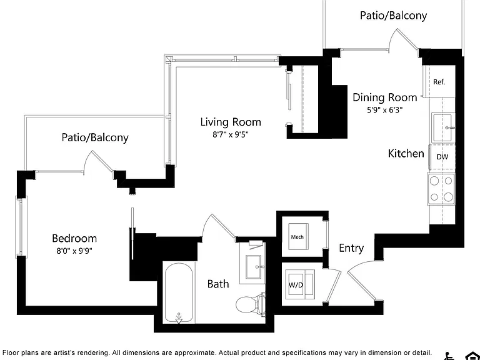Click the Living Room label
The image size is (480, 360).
click(x=231, y=122)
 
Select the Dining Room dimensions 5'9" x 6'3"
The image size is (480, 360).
click(x=385, y=110)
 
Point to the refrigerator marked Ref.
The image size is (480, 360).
click(x=439, y=81)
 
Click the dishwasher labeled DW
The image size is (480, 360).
click(x=442, y=157)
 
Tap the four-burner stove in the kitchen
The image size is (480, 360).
click(x=441, y=189)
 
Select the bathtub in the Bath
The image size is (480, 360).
click(x=179, y=292)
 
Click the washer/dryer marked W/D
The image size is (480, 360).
click(x=299, y=284)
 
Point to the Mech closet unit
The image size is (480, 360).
click(x=299, y=237)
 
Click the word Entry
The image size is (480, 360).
click(x=351, y=248)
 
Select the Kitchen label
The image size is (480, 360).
click(x=406, y=153)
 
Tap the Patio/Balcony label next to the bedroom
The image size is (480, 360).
click(x=95, y=137)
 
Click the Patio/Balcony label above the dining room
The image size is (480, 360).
click(x=393, y=15)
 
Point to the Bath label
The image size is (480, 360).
click(x=218, y=284)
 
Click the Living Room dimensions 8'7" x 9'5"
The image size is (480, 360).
click(x=231, y=135)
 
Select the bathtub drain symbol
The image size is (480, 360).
click(x=179, y=318)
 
